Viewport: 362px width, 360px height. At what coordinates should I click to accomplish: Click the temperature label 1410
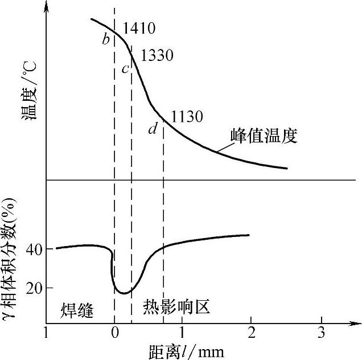coord(139,28)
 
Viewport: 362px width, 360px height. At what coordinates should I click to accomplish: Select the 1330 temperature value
coord(157,55)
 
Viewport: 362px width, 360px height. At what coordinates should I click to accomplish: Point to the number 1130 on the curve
coord(187,116)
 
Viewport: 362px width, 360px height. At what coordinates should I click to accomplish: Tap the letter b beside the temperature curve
coord(106,39)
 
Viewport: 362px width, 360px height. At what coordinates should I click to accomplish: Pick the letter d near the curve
coord(153,129)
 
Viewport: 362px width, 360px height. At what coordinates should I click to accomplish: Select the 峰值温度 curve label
coord(264,136)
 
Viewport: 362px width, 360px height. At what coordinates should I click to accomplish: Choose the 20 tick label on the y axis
coord(33,288)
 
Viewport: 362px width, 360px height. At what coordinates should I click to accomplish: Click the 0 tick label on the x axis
coord(114,332)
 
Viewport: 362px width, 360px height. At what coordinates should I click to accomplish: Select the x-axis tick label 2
coord(252,332)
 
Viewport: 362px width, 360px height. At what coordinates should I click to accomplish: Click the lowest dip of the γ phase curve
coord(124,293)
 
